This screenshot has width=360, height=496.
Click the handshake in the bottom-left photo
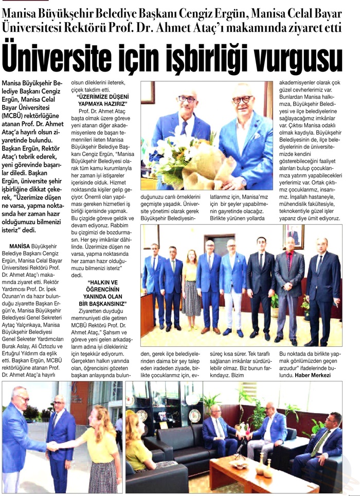pyautogui.click(x=53, y=447)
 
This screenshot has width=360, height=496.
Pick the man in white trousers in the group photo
pyautogui.click(x=233, y=288)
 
